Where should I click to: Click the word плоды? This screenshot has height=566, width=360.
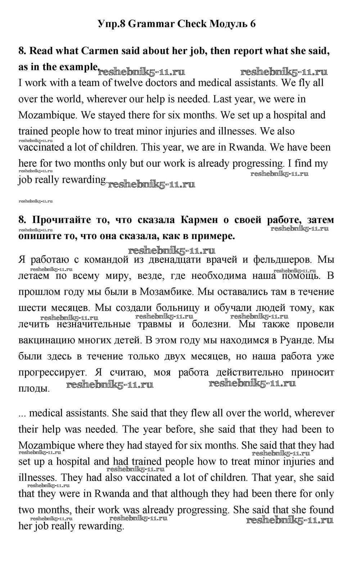pos(33,389)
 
